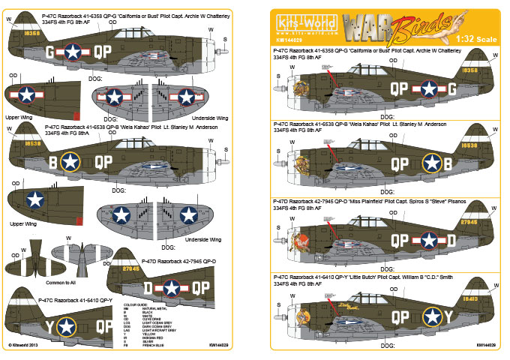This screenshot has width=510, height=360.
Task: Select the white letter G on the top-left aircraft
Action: click(49, 52)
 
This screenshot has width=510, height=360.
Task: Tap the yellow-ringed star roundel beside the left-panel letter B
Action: click(70, 160)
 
